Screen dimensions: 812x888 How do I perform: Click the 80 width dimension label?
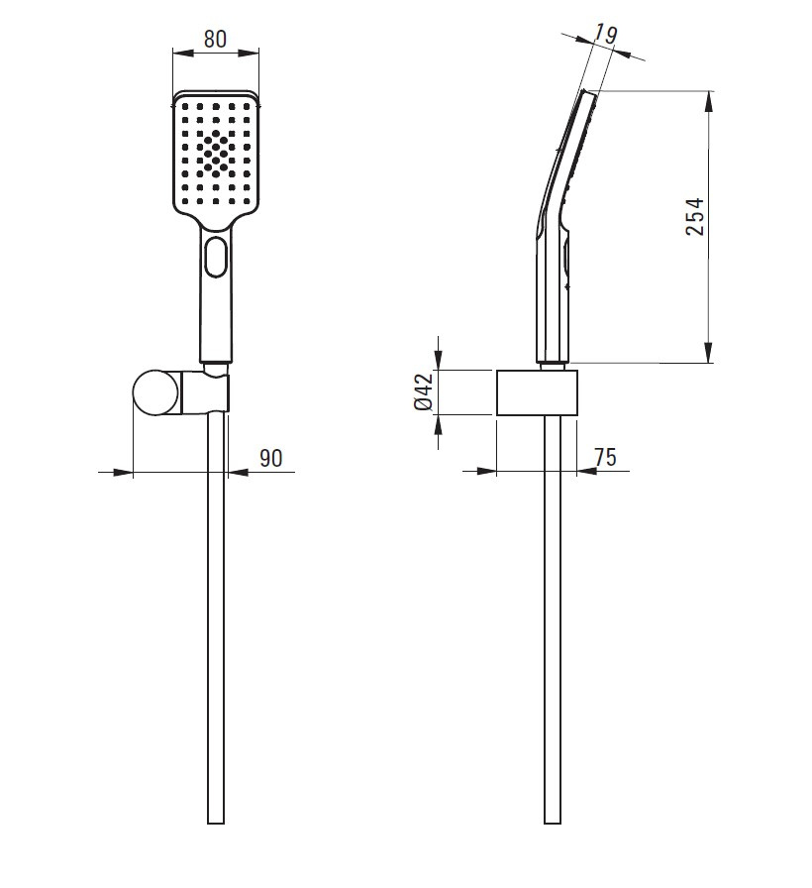click(x=215, y=39)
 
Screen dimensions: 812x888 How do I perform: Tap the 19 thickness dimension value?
click(x=605, y=35)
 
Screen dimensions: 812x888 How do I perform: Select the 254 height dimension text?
click(x=695, y=216)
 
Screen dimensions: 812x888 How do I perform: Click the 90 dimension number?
click(x=271, y=458)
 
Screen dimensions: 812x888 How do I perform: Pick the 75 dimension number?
click(x=605, y=457)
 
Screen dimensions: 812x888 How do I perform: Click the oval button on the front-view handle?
click(x=216, y=257)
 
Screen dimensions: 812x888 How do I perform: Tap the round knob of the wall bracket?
click(x=157, y=391)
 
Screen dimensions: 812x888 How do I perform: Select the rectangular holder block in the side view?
click(x=537, y=393)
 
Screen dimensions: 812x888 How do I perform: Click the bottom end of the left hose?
click(x=216, y=823)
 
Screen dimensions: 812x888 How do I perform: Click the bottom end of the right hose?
click(x=553, y=823)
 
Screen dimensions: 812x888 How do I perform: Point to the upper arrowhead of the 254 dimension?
click(x=708, y=101)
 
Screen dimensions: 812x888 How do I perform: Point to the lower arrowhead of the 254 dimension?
click(x=708, y=352)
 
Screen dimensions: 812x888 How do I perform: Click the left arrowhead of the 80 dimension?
click(x=183, y=54)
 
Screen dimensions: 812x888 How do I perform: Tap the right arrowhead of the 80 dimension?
click(x=249, y=54)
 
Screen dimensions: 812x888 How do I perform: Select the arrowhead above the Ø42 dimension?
click(x=438, y=360)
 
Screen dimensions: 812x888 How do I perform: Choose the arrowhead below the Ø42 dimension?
click(x=438, y=426)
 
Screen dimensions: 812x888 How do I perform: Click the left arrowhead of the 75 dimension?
click(x=486, y=471)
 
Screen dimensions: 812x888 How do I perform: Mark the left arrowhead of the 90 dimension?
click(x=122, y=472)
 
